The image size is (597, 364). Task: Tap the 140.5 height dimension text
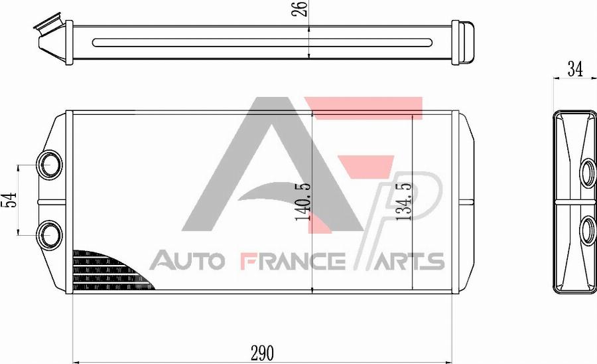tap(304, 202)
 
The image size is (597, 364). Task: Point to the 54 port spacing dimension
tap(9, 199)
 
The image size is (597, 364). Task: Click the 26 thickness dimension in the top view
tap(301, 9)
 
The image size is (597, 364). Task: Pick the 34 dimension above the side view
tap(575, 69)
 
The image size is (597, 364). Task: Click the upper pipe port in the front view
tap(50, 163)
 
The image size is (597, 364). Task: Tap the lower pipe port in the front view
tap(50, 233)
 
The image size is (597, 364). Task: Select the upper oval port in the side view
tap(588, 171)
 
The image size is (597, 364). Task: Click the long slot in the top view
tap(262, 43)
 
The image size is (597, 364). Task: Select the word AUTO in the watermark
tap(188, 261)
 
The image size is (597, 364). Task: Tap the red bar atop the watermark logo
tap(368, 107)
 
